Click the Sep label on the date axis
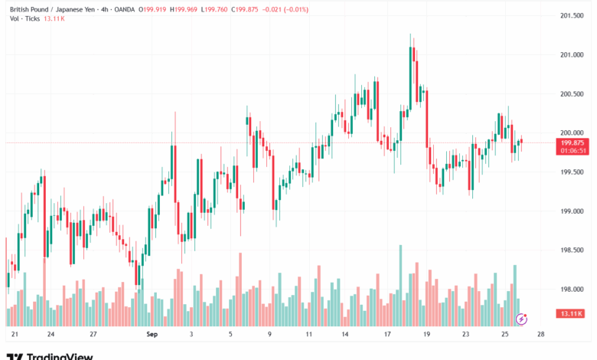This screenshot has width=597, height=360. (151, 335)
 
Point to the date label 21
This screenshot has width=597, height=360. (15, 335)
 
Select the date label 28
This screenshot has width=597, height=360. (541, 335)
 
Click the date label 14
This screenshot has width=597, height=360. (345, 335)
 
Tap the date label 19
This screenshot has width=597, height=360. (426, 335)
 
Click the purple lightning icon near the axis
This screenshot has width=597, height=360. (522, 318)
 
